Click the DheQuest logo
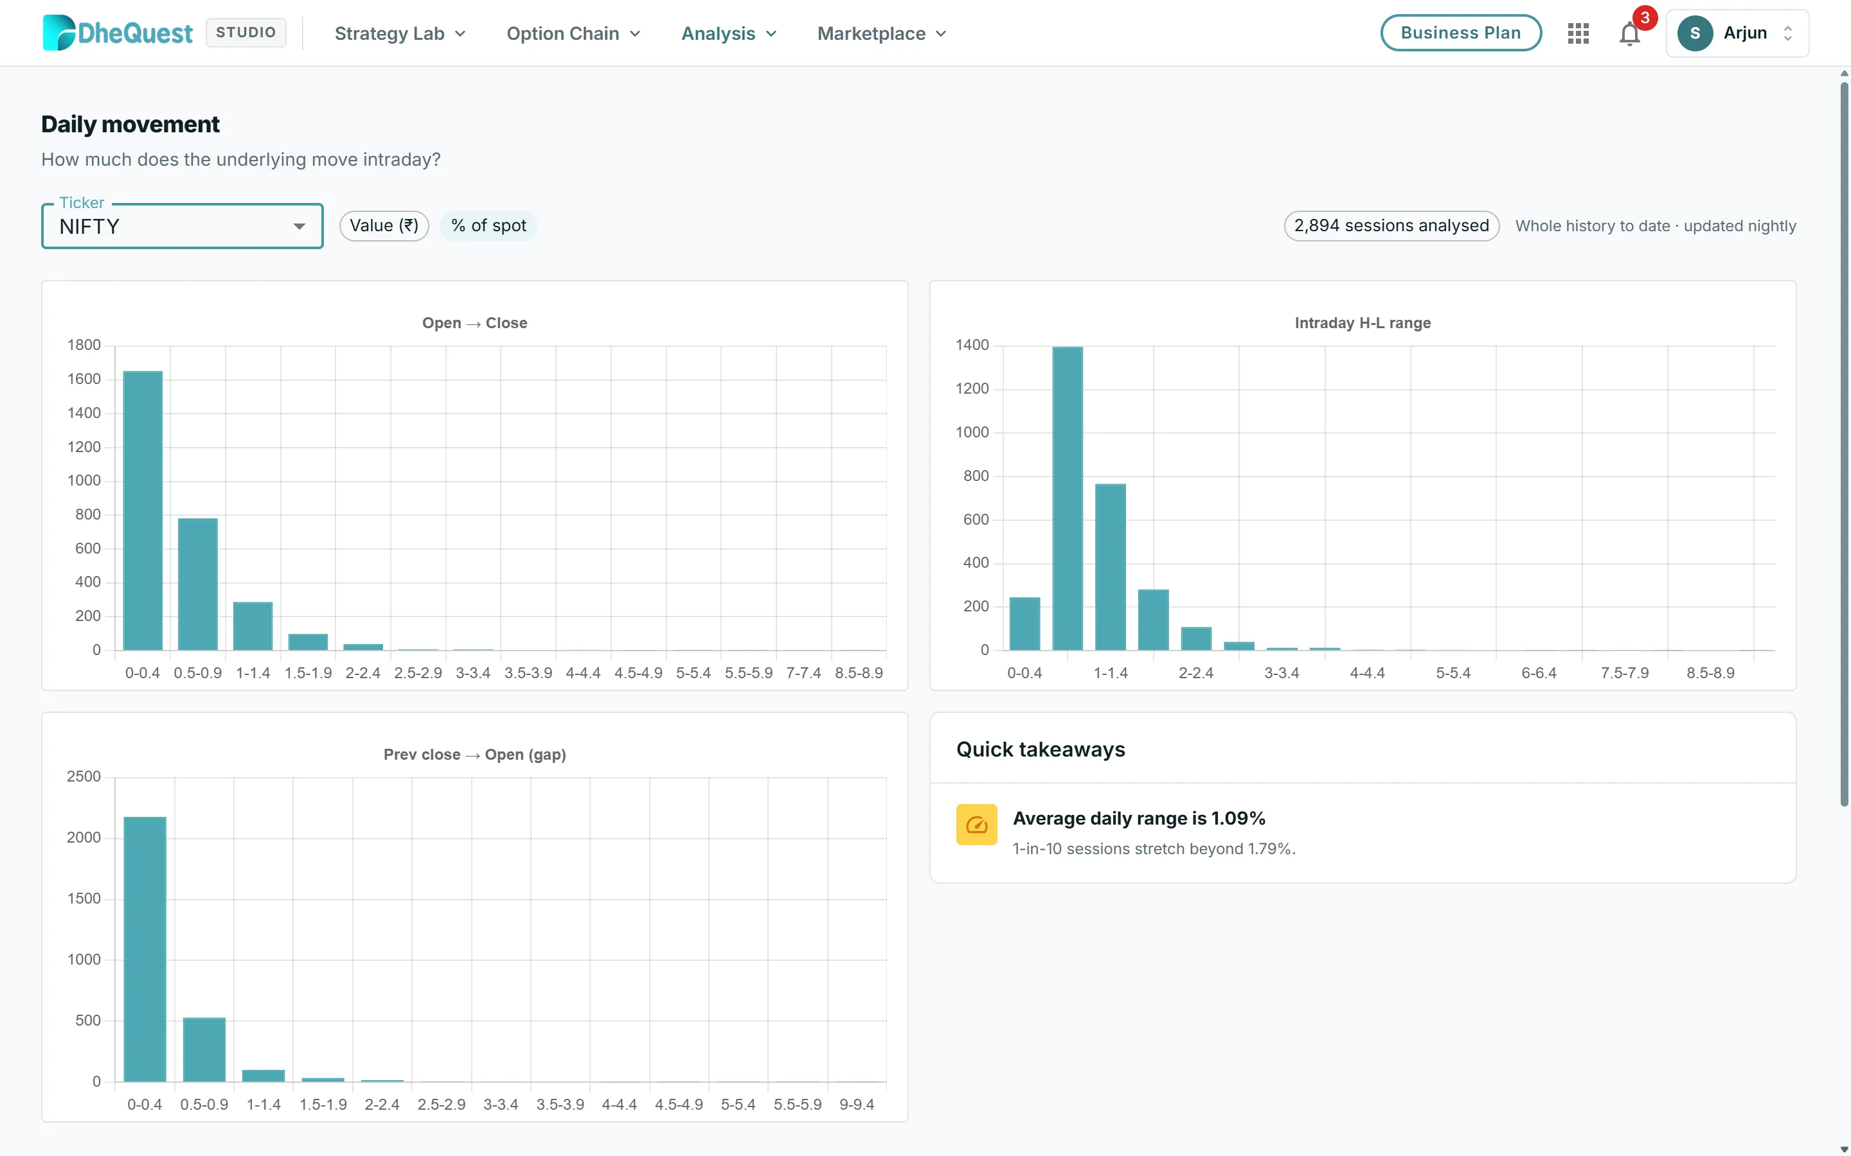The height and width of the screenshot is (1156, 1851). click(x=118, y=33)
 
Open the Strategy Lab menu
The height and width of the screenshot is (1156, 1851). click(x=400, y=33)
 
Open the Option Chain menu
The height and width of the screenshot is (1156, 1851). click(x=573, y=33)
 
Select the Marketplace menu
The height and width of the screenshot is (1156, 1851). click(x=882, y=33)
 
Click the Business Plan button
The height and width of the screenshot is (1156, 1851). click(x=1460, y=33)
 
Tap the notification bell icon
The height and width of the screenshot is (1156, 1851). click(x=1629, y=33)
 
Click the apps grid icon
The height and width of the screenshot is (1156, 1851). click(x=1578, y=33)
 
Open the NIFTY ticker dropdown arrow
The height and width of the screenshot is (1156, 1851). click(x=299, y=226)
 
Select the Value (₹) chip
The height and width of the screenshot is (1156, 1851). click(x=384, y=225)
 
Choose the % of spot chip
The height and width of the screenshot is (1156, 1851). click(x=488, y=225)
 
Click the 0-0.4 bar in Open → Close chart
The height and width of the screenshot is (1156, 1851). click(x=143, y=511)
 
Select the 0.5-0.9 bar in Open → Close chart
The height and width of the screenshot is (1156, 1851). click(x=198, y=584)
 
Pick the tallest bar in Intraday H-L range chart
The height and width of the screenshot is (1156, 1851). click(x=1068, y=498)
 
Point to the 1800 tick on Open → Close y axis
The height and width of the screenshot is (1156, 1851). click(x=84, y=345)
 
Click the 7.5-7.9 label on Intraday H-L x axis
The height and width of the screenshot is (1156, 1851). click(x=1625, y=673)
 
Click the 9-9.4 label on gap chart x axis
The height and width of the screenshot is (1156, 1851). click(x=857, y=1104)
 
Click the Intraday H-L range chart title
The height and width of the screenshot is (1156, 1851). click(x=1363, y=322)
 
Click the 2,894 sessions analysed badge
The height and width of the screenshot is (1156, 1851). click(x=1391, y=225)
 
